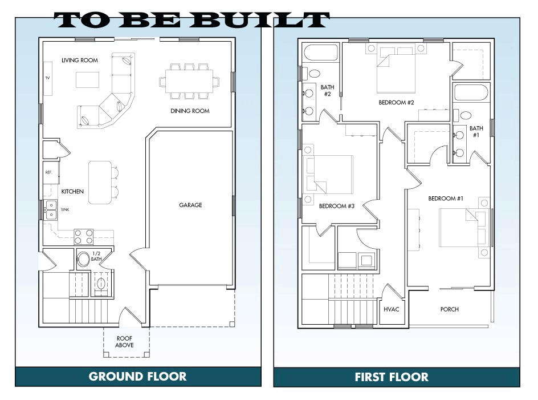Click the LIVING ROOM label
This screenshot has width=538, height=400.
click(x=80, y=60)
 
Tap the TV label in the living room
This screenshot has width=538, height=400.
click(x=48, y=78)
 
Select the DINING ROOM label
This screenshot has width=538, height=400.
click(x=190, y=111)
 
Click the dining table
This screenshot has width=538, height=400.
click(x=189, y=81)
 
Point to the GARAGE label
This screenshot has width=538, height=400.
click(x=190, y=205)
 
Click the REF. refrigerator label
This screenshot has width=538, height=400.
click(x=48, y=172)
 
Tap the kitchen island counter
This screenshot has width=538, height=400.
click(x=100, y=183)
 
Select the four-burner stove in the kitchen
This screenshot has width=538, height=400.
click(x=84, y=237)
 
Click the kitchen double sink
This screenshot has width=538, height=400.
click(x=51, y=210)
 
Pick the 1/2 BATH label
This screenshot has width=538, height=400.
click(x=96, y=256)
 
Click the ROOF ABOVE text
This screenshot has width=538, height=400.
click(x=124, y=342)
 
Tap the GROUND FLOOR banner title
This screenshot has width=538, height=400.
click(x=137, y=377)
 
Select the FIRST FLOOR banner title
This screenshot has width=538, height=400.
click(x=392, y=377)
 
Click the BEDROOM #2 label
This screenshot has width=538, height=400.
click(x=396, y=102)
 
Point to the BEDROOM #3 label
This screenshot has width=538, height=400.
click(x=337, y=206)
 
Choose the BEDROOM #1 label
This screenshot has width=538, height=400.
click(x=446, y=198)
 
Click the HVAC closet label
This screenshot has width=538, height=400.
click(x=391, y=309)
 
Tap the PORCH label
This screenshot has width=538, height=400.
click(x=450, y=309)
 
